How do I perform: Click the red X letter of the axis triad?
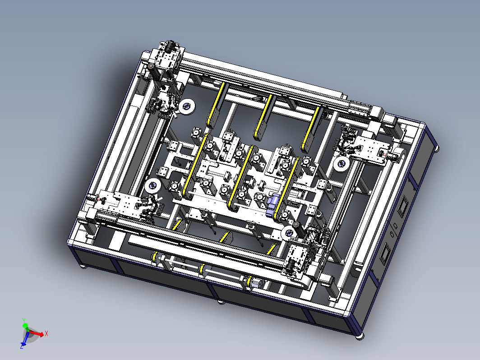(46, 333)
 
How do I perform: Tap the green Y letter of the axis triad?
(24, 320)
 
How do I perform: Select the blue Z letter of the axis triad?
(22, 346)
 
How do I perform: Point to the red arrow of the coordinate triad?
(36, 333)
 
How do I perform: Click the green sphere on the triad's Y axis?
(25, 326)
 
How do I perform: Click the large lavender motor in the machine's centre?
(272, 205)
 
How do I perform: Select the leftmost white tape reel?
(153, 186)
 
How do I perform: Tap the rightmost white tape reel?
(342, 164)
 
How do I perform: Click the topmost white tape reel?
(187, 107)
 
